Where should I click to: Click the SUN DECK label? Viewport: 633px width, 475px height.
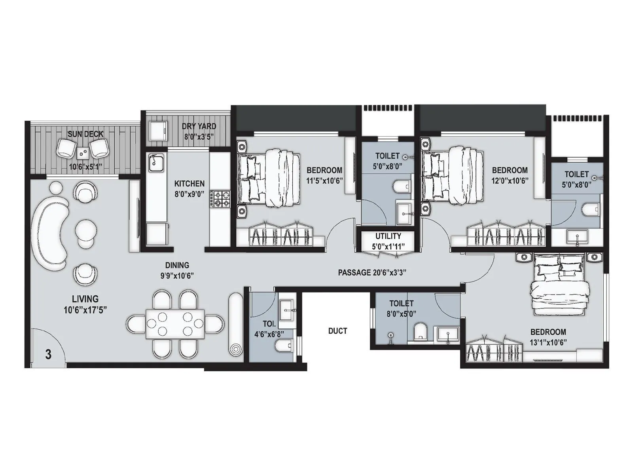[85, 134]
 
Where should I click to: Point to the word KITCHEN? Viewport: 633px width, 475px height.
[190, 184]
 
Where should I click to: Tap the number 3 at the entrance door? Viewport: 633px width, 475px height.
[48, 354]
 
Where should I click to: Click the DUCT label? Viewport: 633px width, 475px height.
[337, 331]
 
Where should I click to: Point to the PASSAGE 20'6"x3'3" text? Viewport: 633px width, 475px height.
[372, 272]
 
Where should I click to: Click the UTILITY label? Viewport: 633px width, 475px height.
[388, 236]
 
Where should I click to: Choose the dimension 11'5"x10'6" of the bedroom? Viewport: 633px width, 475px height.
[324, 179]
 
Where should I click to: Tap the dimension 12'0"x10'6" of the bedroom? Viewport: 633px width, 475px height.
[510, 179]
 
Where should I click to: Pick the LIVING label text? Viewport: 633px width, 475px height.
[85, 299]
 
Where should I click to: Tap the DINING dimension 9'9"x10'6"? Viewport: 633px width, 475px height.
[177, 275]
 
